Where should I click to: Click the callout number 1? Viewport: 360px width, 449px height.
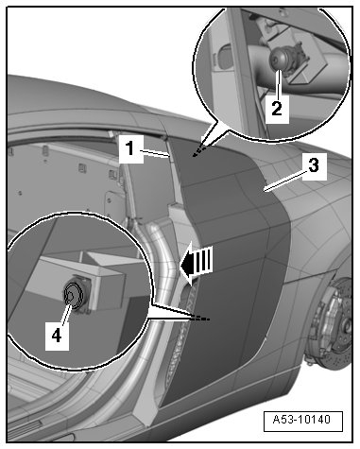(130, 148)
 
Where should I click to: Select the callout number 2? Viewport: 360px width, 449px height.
(277, 109)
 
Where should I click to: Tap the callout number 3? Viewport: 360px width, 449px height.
(314, 165)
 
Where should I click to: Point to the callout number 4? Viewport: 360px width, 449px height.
(57, 336)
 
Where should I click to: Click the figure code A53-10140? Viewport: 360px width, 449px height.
(301, 420)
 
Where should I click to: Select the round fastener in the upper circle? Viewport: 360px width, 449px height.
(278, 59)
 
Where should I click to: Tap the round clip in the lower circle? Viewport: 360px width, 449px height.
(73, 296)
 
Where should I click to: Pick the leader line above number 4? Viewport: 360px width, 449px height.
(65, 312)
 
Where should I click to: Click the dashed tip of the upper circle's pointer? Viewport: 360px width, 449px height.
(199, 151)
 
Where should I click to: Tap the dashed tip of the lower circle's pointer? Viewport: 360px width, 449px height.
(200, 319)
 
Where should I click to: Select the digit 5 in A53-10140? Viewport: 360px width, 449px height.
(283, 420)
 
